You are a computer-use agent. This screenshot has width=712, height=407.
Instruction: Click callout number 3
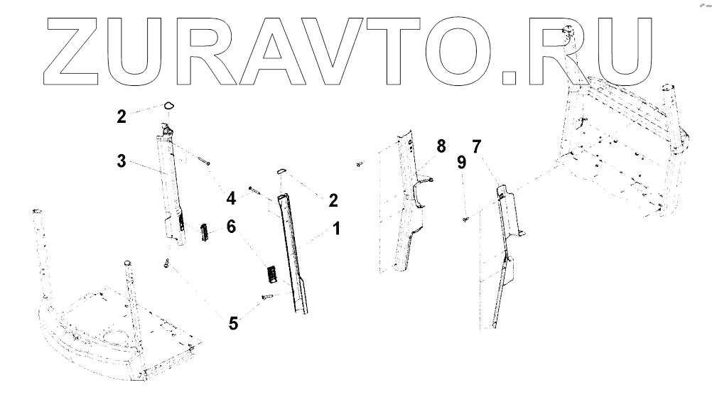click(122, 161)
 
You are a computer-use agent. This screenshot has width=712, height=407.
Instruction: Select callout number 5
click(233, 324)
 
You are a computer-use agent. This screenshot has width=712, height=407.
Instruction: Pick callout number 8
click(441, 147)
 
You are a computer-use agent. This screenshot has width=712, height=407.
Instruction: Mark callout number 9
click(461, 163)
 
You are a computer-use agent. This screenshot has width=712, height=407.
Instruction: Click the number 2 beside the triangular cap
click(122, 116)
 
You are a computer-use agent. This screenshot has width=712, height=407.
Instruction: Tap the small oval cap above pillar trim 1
click(280, 170)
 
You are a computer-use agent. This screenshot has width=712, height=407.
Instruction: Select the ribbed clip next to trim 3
click(205, 232)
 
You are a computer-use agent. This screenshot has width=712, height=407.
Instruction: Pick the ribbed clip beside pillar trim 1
click(271, 273)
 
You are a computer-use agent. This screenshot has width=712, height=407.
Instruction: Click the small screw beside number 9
click(463, 219)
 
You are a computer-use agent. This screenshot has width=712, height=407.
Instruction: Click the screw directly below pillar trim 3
click(166, 265)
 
